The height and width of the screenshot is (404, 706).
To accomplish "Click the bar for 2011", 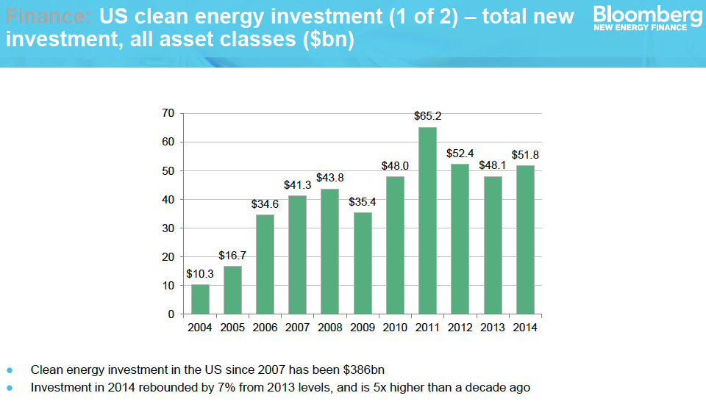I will click(x=427, y=220).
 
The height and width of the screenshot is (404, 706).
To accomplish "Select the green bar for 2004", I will click(x=200, y=299).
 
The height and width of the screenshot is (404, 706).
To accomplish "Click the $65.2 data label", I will click(x=427, y=116).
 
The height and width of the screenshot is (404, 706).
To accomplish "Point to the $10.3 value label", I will click(x=200, y=273).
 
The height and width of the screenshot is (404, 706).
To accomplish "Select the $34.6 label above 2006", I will click(x=265, y=203).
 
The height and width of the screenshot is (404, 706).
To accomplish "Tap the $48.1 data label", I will click(x=492, y=165).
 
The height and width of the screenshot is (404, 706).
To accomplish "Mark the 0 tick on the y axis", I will click(x=171, y=314).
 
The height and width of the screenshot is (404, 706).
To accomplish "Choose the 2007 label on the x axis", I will click(x=297, y=328).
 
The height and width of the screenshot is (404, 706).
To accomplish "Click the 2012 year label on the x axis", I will click(x=460, y=328).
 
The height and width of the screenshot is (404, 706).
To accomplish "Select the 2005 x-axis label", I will click(x=232, y=328).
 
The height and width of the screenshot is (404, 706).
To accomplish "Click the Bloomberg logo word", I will click(x=647, y=14).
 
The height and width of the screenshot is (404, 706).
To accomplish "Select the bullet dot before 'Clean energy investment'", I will click(x=10, y=369).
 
